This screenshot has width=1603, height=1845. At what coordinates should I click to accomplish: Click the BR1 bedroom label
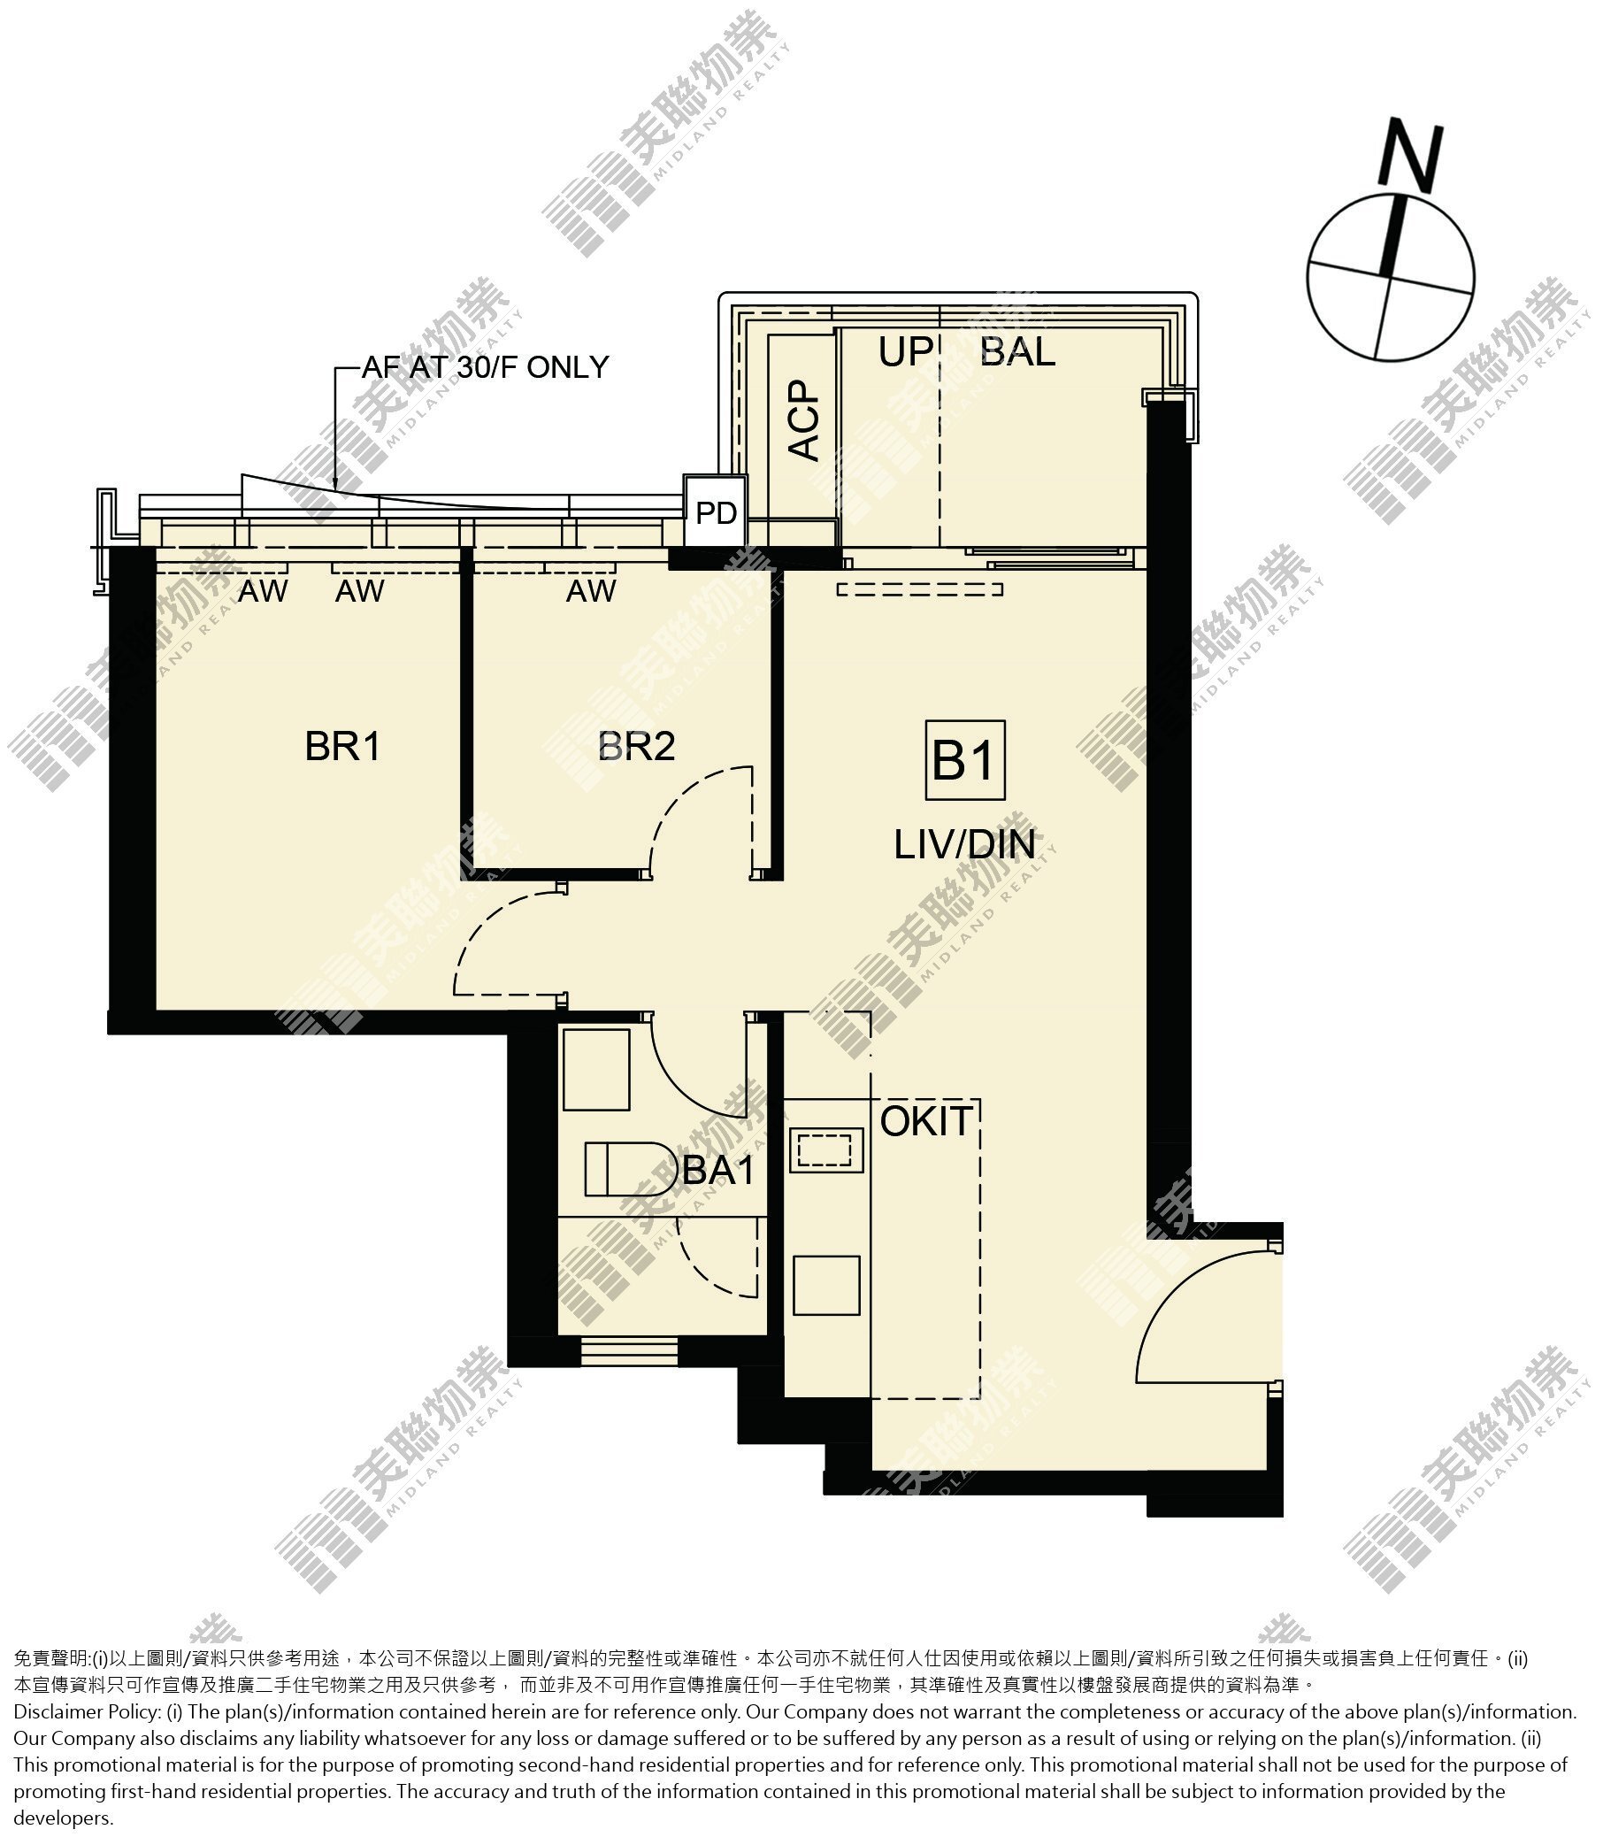coord(342,746)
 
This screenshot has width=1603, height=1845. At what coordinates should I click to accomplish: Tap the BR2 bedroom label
coord(636,746)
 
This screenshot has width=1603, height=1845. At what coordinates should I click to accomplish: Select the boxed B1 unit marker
coord(965,759)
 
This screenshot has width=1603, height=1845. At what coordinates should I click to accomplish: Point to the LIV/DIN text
coord(964,845)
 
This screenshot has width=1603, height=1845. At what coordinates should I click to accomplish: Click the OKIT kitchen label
coord(926,1122)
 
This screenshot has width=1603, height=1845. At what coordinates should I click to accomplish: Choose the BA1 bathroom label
coord(718,1171)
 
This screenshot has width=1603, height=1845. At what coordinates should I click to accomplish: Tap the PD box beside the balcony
coord(716,511)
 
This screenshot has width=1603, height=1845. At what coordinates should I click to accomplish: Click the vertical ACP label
coord(804,420)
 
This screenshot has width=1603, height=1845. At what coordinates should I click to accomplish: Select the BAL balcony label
coord(1018,351)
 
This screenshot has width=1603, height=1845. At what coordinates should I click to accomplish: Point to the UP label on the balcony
coord(905,352)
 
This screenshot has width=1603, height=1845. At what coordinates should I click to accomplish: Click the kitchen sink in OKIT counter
coord(826,1149)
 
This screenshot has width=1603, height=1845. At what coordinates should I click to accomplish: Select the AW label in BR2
coord(591,590)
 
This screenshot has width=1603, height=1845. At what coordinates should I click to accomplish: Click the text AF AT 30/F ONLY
coord(485,368)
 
